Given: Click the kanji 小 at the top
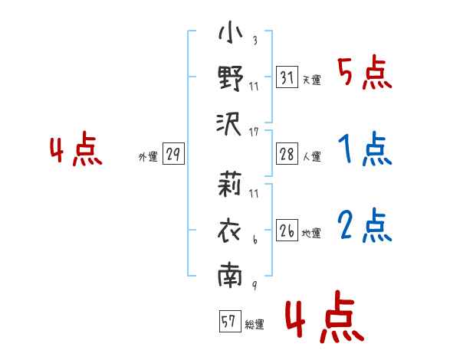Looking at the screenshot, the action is (231, 32).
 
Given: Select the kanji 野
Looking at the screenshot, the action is (231, 78).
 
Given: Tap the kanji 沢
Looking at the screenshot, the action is (229, 124).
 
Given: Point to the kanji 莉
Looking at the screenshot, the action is (229, 184).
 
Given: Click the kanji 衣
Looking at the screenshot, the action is (229, 231).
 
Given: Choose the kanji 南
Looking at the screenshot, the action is (230, 274).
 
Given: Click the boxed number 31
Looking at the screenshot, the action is (287, 77).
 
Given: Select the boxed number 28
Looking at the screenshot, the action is (287, 154).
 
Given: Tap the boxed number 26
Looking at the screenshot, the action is (287, 230).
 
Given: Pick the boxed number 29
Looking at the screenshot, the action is (173, 154).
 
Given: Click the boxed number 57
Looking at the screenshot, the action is (230, 321).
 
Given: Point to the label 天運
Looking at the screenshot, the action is (312, 80).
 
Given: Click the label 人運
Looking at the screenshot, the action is (312, 156).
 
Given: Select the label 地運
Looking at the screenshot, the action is (311, 233).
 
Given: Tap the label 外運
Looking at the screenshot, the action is (148, 157).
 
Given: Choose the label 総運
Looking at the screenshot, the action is (255, 324).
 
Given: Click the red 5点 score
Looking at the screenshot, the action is (364, 72).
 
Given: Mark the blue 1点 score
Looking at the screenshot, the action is (365, 149).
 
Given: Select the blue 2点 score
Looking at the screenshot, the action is (365, 225).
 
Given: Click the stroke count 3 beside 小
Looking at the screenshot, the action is (255, 40).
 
